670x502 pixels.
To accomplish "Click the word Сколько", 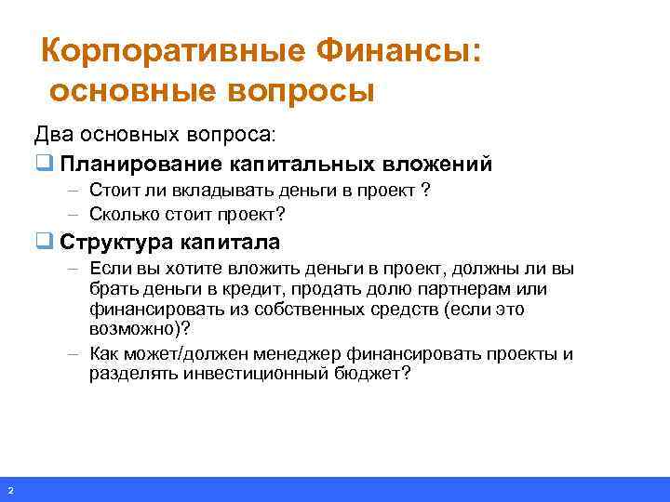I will pyautogui.click(x=122, y=214).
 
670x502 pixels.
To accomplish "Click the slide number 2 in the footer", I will pyautogui.click(x=9, y=490).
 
